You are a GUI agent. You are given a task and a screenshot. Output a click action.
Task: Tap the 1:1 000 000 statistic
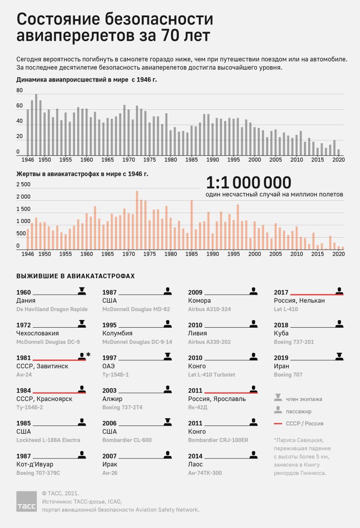coord(249,183)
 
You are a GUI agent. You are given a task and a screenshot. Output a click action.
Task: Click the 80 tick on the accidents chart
coord(20,91)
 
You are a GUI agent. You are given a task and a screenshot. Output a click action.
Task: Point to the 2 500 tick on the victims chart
coord(24,184)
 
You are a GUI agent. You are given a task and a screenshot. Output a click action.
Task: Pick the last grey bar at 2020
coord(339,152)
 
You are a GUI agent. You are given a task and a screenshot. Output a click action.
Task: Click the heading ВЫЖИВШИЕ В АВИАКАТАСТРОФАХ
coord(75,276)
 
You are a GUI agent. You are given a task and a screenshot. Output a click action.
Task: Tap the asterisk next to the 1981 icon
coord(88,354)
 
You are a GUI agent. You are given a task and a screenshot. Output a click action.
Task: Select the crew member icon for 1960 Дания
coord(82,291)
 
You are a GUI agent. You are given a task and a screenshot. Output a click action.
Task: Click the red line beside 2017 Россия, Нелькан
coord(316,294)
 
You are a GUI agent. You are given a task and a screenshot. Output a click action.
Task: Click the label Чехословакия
coord(37,333)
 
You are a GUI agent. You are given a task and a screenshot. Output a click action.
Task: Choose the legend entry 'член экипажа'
coord(304,399)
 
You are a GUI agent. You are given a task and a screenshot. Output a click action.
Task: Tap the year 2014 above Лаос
coord(195,456)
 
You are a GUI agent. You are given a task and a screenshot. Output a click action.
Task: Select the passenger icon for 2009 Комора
coord(254,291)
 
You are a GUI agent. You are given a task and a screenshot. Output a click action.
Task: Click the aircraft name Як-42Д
coord(198,407)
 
